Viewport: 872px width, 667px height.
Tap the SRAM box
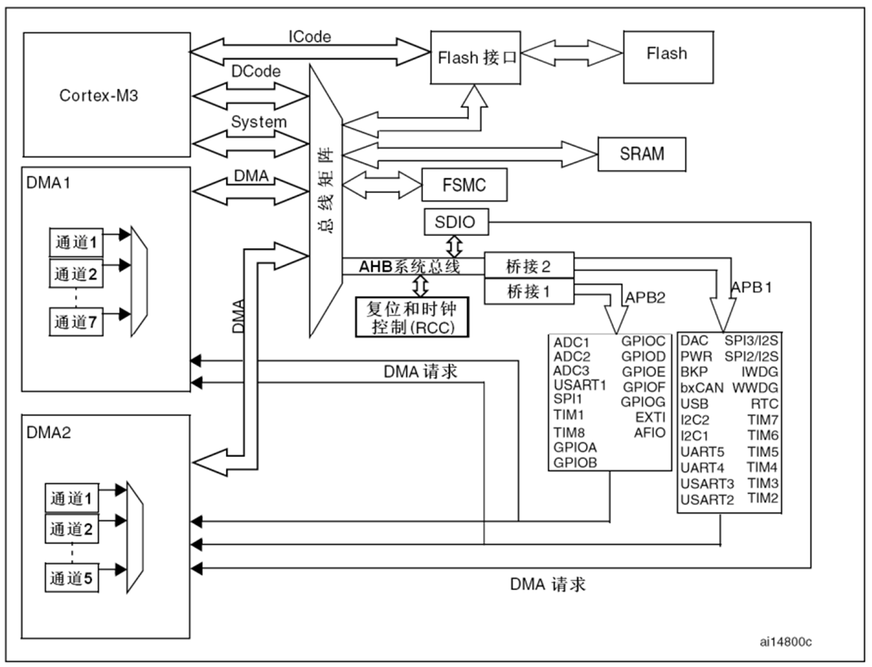click(642, 154)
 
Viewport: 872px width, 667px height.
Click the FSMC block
click(465, 185)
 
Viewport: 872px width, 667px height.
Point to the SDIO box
click(455, 222)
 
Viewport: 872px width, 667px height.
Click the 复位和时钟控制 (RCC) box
click(412, 316)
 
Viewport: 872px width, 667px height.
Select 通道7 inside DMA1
click(75, 322)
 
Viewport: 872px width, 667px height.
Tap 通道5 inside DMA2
click(72, 577)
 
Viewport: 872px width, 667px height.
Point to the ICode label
click(311, 36)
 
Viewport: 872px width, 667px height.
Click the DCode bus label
click(255, 71)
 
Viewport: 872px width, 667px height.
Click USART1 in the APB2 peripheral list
click(580, 385)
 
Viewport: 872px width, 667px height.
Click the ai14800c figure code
click(787, 640)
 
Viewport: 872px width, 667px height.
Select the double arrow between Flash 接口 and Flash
click(572, 53)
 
